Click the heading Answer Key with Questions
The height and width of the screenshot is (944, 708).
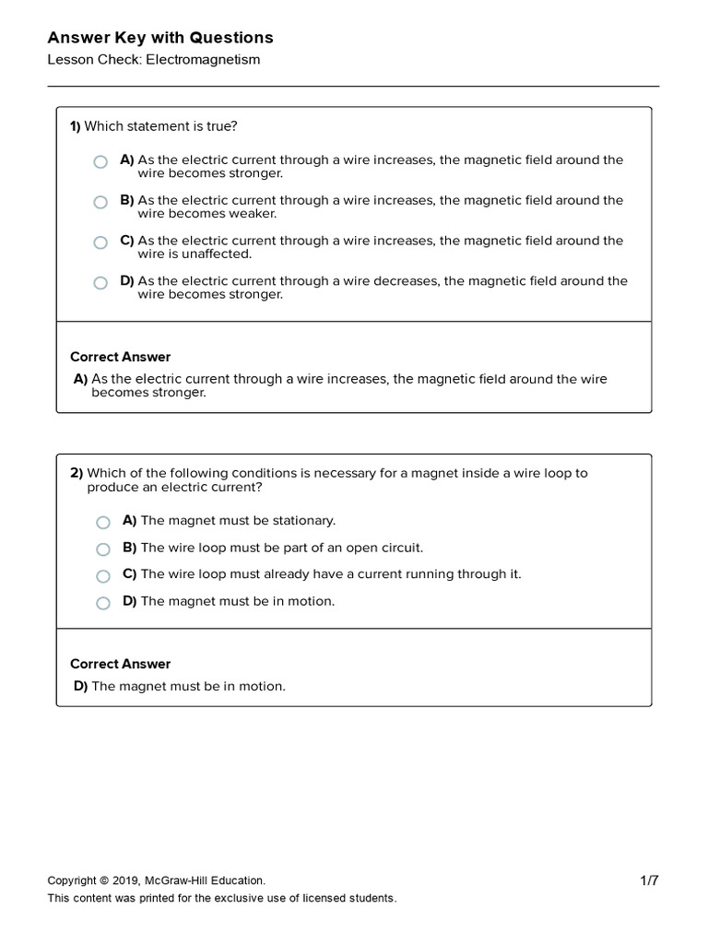coord(160,38)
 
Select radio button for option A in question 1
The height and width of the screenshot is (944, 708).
coord(100,162)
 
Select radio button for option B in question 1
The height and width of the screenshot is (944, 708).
coord(100,203)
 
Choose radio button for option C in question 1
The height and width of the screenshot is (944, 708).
coord(100,243)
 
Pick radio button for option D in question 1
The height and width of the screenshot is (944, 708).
coord(100,284)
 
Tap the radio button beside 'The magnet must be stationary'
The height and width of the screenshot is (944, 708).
coord(103,523)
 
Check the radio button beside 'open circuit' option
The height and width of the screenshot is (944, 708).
coord(103,549)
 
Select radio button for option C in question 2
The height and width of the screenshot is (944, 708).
coord(103,576)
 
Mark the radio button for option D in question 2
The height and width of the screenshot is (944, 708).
coord(103,603)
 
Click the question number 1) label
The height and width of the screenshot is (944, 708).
coord(76,126)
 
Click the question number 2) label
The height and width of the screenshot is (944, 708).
coord(77,473)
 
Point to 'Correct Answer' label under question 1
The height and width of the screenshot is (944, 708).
coord(121,357)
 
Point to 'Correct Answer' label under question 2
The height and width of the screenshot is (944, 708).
coord(121,664)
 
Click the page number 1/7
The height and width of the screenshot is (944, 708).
coord(649,880)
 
